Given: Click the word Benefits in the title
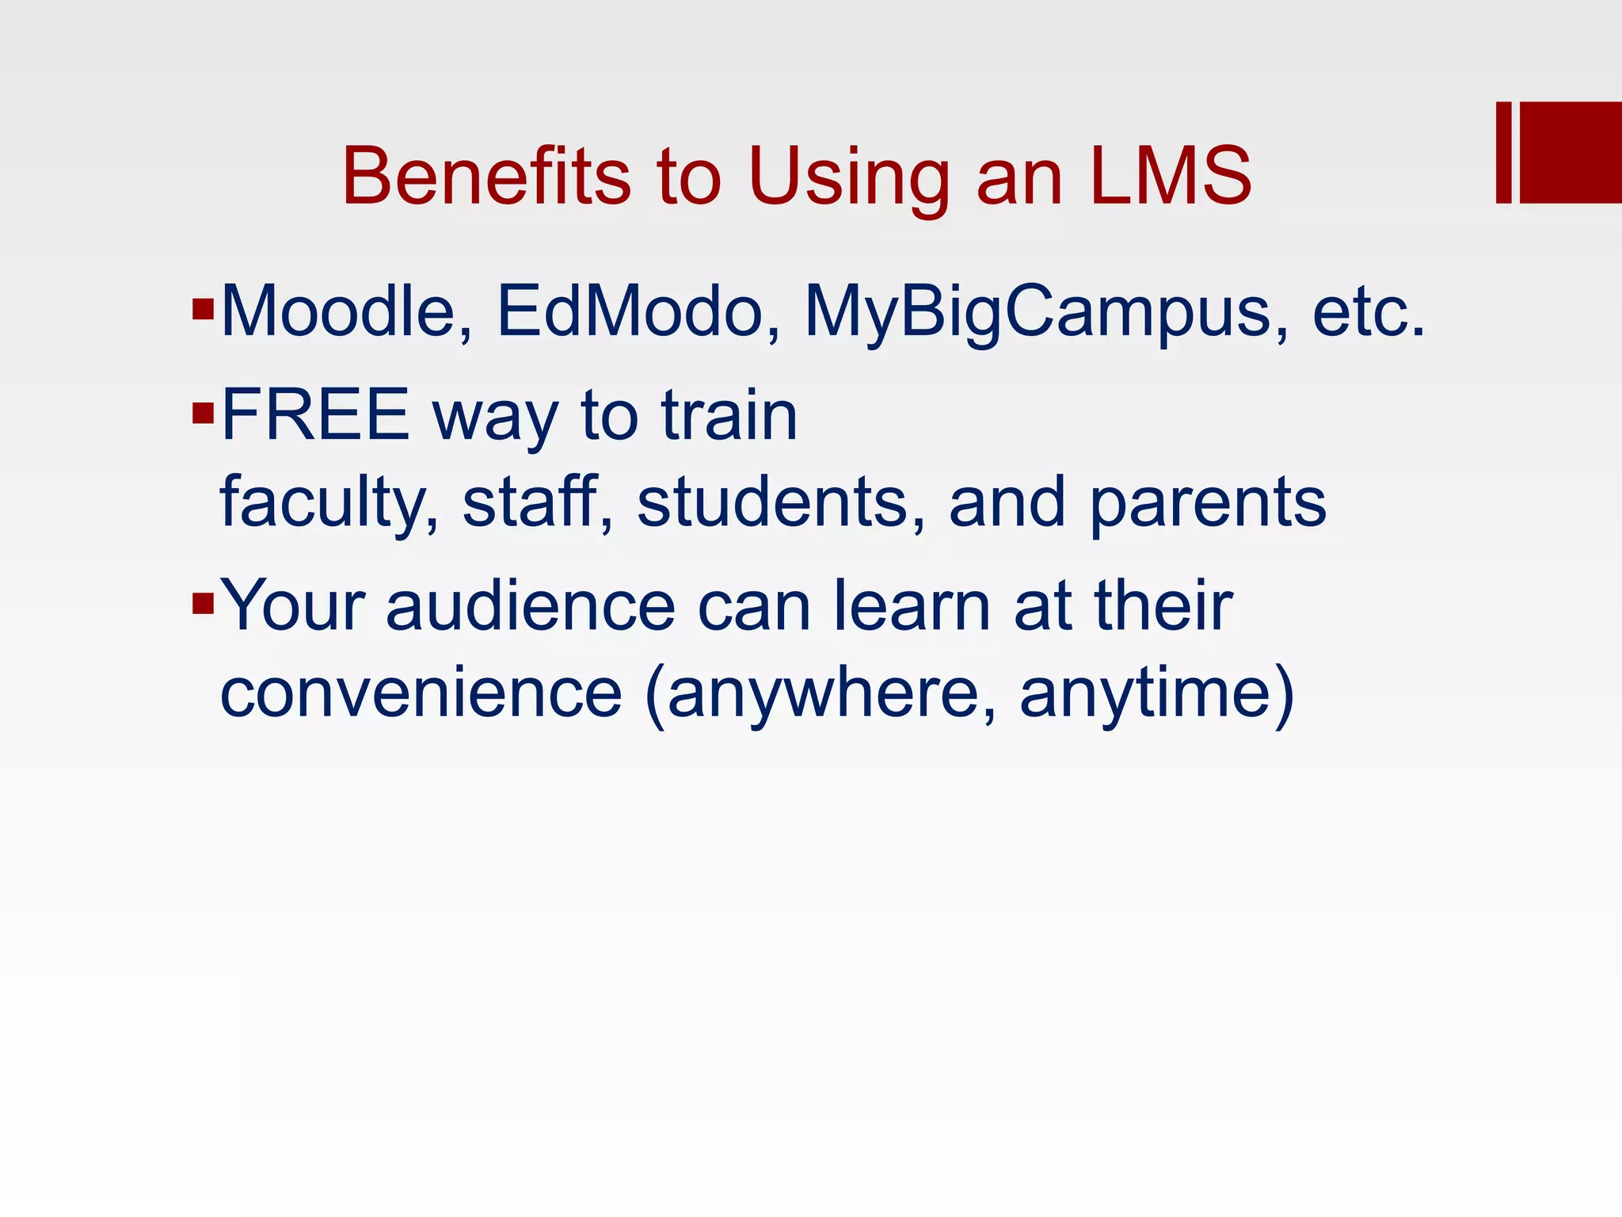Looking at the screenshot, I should (485, 176).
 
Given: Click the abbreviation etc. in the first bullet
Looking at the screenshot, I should (1369, 312).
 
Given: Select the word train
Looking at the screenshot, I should (729, 415).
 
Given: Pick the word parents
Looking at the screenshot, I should (1208, 504).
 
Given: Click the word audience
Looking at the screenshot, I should (531, 605).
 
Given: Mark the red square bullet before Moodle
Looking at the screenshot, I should (204, 308).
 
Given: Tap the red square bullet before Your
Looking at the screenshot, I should (204, 604).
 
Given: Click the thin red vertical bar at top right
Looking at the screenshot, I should (1503, 152).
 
